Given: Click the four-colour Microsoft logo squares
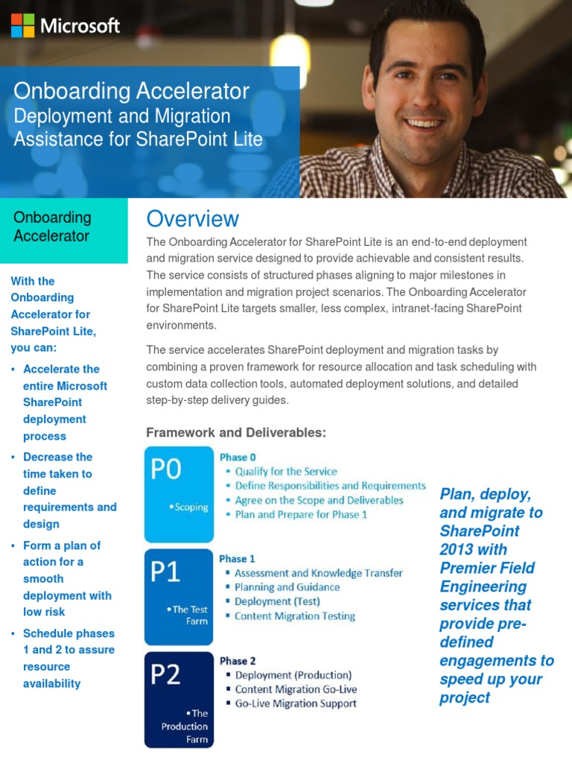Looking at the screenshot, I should point(22,25).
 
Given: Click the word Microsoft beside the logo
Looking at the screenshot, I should point(80,26).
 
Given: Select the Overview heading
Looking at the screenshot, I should point(193,218).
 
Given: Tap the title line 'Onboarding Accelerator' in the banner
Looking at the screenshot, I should point(131,91).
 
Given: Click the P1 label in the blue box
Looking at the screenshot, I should point(165,572).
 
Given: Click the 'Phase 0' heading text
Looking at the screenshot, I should point(238,457).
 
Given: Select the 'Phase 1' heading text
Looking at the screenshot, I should point(238,558).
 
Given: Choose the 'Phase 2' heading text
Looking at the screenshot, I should point(238,660).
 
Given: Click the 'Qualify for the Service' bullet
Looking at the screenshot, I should point(286,472).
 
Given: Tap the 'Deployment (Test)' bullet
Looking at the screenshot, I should point(277,601).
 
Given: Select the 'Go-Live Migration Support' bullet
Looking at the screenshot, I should point(296,703).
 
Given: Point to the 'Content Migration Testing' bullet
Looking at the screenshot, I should point(295,616).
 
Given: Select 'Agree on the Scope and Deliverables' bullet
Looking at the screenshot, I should point(319,500).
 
